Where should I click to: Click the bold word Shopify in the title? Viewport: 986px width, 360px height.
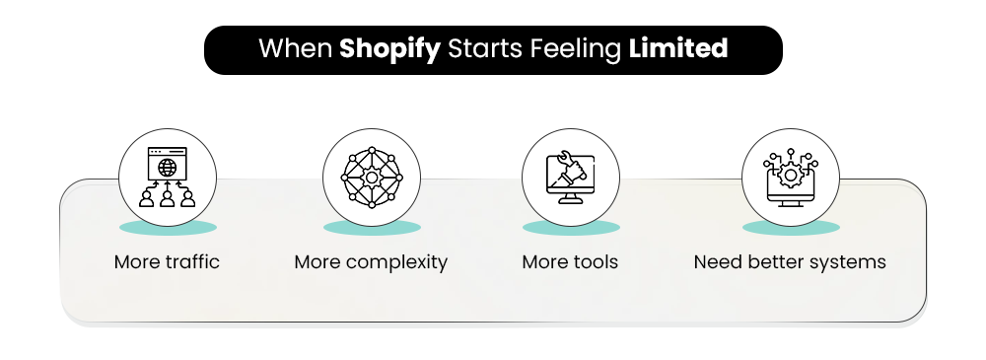pos(389,48)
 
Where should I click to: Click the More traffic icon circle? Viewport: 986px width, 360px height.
pos(168,179)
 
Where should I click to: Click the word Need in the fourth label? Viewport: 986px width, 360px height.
pos(714,262)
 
